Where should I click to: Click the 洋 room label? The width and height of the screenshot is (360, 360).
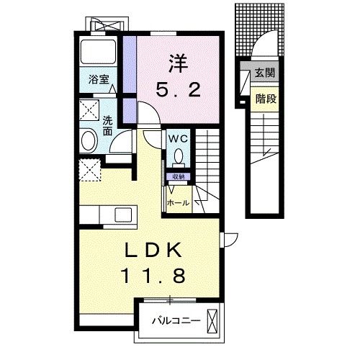[178, 63]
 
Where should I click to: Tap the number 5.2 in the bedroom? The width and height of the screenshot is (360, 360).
[178, 89]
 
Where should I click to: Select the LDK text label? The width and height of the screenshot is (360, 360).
[153, 250]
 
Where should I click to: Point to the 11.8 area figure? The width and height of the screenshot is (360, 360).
[153, 275]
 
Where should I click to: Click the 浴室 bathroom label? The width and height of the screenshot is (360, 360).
[99, 79]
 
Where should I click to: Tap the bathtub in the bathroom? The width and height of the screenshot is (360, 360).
[98, 52]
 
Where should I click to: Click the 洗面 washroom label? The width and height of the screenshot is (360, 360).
[108, 126]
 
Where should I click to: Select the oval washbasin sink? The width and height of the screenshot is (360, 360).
[89, 140]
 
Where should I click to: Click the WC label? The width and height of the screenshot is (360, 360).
[178, 139]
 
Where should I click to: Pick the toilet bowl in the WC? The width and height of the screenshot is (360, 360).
[179, 156]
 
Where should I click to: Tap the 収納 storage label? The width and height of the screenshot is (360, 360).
[179, 177]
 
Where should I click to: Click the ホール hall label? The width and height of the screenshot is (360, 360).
[178, 203]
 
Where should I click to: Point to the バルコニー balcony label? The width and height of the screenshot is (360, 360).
[176, 320]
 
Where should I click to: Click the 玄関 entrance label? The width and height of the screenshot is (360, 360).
[265, 72]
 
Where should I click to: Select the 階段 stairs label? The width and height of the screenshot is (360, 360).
[266, 99]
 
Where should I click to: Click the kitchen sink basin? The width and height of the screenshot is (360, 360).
[123, 215]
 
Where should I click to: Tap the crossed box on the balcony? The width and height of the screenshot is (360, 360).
[212, 321]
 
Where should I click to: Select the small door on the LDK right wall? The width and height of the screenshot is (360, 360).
[229, 239]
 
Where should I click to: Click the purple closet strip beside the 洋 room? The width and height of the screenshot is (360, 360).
[130, 79]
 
